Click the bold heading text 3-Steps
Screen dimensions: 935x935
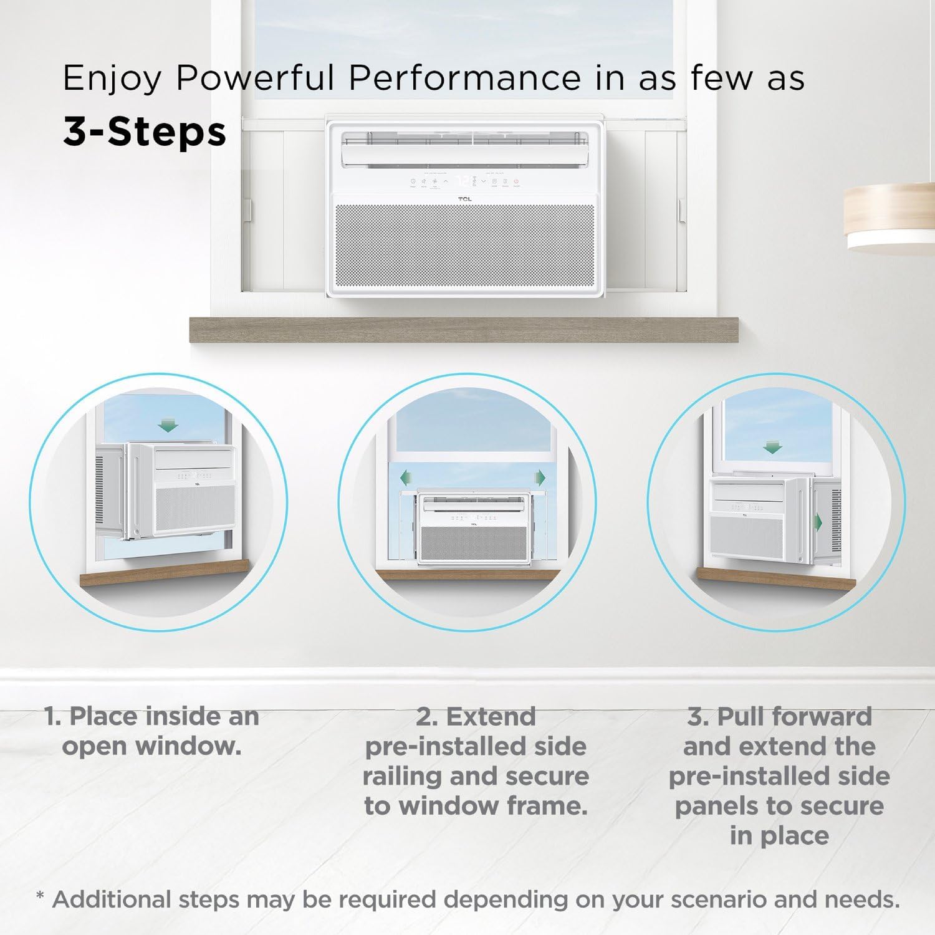[x=145, y=132]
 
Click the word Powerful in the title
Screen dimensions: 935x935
[x=254, y=79]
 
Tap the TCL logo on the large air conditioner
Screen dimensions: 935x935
[x=464, y=199]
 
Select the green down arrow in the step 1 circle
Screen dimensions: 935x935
[x=168, y=426]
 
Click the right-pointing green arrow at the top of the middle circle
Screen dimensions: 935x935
[x=540, y=478]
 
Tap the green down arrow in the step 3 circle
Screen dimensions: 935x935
[x=772, y=447]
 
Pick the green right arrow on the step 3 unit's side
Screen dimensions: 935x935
[x=820, y=521]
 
